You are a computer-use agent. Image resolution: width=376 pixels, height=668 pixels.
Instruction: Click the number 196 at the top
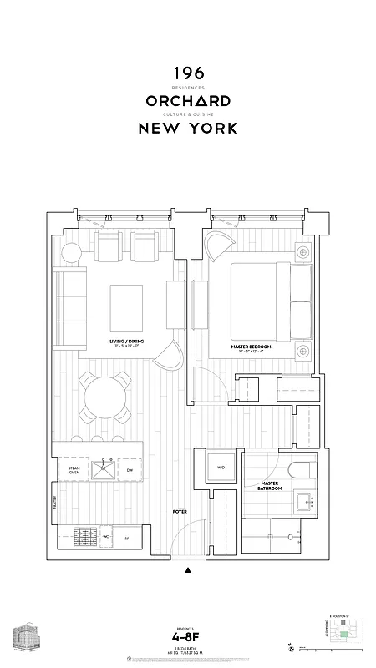pyautogui.click(x=187, y=75)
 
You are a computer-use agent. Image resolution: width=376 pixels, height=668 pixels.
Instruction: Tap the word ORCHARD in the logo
pyautogui.click(x=187, y=101)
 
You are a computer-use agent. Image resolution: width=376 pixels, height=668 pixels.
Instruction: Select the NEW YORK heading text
pyautogui.click(x=187, y=129)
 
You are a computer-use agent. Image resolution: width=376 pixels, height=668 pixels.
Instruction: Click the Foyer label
pyautogui.click(x=179, y=509)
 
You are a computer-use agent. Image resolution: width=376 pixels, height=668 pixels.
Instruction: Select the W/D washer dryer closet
pyautogui.click(x=221, y=468)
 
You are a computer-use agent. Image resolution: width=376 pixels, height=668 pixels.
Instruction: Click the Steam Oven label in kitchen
pyautogui.click(x=74, y=471)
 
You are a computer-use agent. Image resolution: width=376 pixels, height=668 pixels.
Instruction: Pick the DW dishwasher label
pyautogui.click(x=130, y=471)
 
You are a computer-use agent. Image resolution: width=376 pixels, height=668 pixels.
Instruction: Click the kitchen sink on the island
pyautogui.click(x=105, y=470)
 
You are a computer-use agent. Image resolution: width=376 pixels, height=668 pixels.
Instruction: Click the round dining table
pyautogui.click(x=104, y=398)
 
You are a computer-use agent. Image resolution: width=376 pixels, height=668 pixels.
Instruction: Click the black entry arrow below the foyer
pyautogui.click(x=188, y=572)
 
